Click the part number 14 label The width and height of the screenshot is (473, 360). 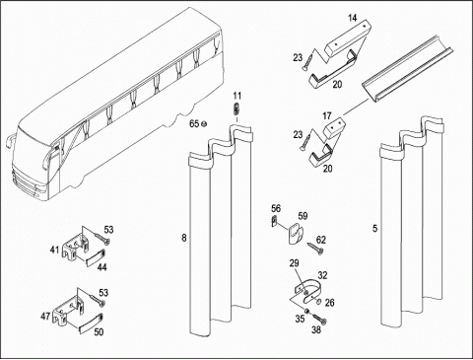pos(353,18)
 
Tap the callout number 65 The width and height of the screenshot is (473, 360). pos(194,123)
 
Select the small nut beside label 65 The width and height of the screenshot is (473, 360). pos(203,123)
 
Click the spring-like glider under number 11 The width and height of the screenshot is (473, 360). pos(236,108)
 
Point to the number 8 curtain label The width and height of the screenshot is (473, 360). pos(184,238)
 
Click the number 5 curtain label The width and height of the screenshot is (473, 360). pos(375,228)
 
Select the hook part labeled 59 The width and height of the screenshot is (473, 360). pos(295,233)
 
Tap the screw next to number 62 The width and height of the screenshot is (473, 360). pos(315,248)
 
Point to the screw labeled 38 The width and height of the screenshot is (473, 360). pos(319,319)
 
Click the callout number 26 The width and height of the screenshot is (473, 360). pos(329,303)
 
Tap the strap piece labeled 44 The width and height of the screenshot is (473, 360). pos(96,257)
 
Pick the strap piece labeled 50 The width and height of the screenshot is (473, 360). pos(91,323)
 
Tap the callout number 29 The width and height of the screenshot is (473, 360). pos(295,263)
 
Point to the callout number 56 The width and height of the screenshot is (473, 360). pos(276,208)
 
